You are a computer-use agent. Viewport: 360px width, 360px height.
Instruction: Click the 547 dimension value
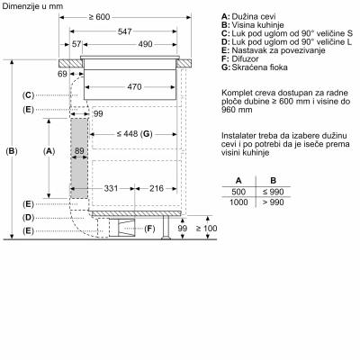[124, 31]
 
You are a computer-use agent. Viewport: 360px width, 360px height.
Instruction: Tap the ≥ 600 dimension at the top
[99, 17]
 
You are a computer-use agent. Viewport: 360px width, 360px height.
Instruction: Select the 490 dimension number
[145, 44]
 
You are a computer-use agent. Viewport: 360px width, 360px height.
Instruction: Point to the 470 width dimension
[134, 87]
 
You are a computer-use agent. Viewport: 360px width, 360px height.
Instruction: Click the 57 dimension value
[76, 44]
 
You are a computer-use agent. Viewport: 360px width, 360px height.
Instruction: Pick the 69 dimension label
[62, 74]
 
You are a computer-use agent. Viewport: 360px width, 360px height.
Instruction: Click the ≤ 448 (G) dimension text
[134, 134]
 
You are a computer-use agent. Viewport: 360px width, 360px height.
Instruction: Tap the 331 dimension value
[111, 188]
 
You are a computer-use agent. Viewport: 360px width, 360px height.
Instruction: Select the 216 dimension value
[157, 188]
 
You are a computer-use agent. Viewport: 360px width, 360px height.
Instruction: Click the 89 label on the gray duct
[79, 150]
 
